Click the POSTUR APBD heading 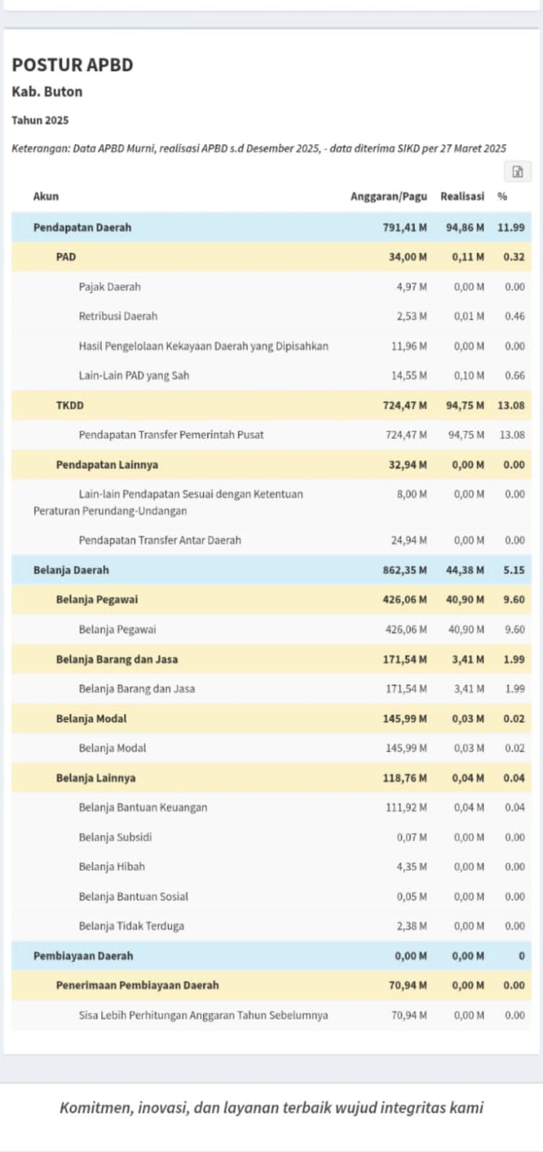(72, 65)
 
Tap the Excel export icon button (517, 171)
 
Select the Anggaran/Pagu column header (388, 197)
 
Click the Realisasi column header (462, 197)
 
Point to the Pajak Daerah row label (109, 287)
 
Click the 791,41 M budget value (405, 228)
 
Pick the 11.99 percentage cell (511, 228)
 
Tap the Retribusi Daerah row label (118, 316)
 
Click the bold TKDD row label (70, 405)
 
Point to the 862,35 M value (405, 570)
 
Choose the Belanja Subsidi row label (115, 837)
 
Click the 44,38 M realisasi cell (465, 570)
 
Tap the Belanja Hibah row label (112, 867)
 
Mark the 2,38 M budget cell (411, 926)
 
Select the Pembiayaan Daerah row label (83, 956)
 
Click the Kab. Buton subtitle (47, 91)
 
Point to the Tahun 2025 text (40, 120)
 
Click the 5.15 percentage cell (514, 570)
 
